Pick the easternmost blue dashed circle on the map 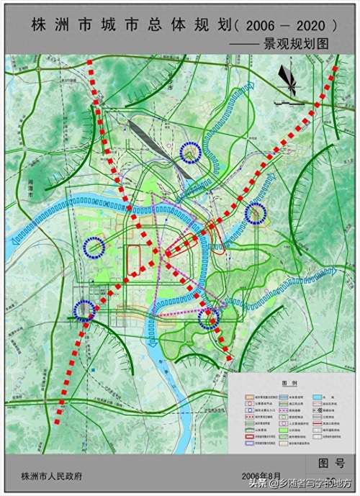(x=256, y=213)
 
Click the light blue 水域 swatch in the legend (x=318, y=396)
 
